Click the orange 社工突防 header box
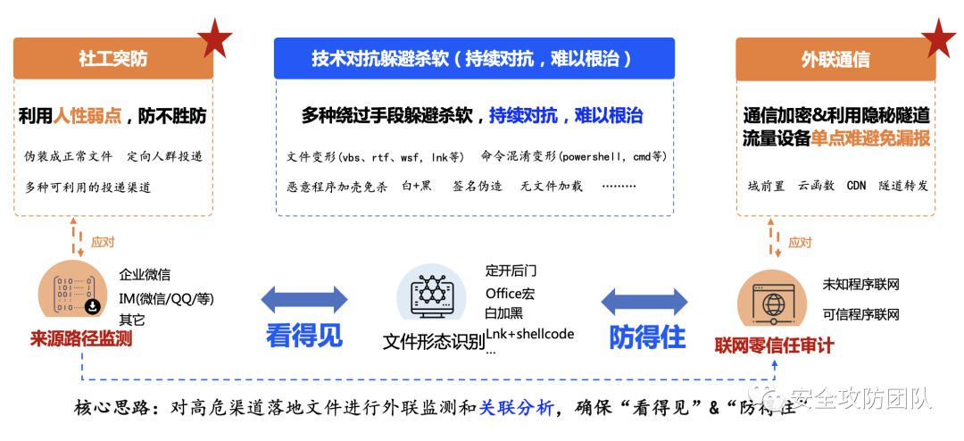[112, 59]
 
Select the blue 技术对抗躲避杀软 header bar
[473, 59]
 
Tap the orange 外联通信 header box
[835, 59]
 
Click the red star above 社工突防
[214, 36]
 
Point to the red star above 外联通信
[937, 36]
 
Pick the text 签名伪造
[478, 187]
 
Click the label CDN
[856, 186]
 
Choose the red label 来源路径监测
[81, 338]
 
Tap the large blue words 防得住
[647, 337]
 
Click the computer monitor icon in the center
[433, 295]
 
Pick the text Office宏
[511, 293]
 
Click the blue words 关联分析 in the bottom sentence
[516, 408]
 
